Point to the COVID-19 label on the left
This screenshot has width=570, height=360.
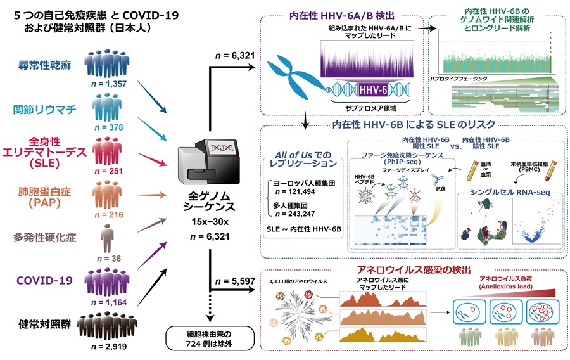pos(45,280)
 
